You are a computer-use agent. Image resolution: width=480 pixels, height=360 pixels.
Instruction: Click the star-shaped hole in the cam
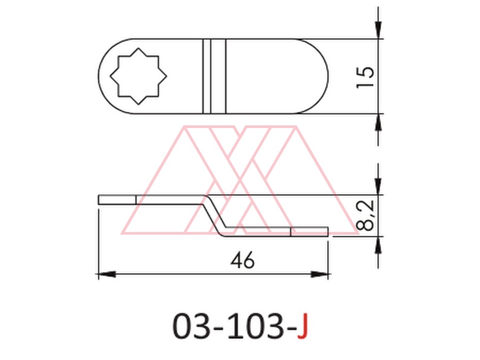pos(138,76)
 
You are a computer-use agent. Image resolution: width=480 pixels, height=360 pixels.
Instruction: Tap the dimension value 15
pos(365,77)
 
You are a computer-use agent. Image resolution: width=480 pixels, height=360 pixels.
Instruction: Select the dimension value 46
pos(243,260)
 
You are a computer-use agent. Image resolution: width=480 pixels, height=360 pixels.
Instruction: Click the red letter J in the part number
pos(302,326)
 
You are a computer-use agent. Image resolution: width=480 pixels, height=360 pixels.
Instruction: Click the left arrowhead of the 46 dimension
pos(107,274)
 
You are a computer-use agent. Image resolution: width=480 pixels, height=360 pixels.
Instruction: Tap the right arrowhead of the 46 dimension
pos(319,274)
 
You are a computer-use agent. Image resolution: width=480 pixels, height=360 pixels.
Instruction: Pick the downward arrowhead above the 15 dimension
pos(378,30)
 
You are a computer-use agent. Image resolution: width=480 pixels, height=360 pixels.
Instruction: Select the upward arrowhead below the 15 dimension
pos(378,123)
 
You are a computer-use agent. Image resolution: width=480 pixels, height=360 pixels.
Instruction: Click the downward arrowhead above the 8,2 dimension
pos(378,186)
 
